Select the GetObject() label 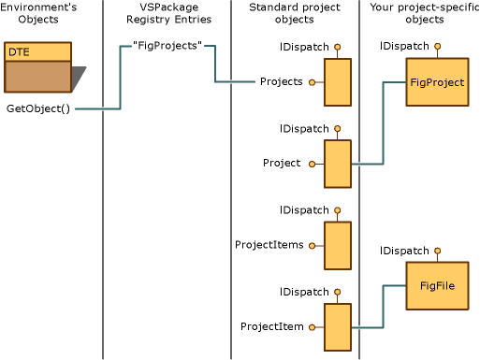[37, 109]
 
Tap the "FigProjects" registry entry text [167, 46]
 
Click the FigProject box [437, 82]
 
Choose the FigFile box [437, 286]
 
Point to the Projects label [281, 81]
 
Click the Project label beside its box [282, 163]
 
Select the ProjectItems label [269, 245]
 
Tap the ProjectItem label [271, 326]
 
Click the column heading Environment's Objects [38, 13]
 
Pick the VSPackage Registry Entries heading [167, 13]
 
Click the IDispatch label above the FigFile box [404, 251]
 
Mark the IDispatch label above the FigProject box [404, 46]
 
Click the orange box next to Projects [337, 83]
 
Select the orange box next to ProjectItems [337, 246]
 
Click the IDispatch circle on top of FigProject [437, 46]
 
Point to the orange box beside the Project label [337, 165]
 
